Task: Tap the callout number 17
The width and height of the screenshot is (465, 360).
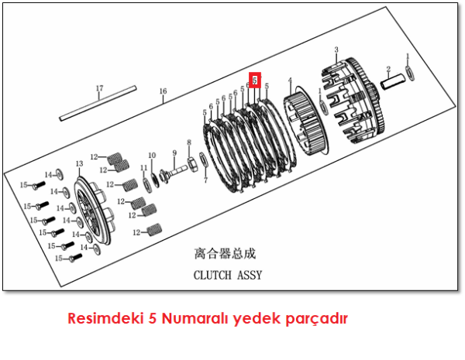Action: click(x=99, y=88)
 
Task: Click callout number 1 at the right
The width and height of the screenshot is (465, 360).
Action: click(x=408, y=57)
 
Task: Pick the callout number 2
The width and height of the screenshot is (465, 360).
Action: click(x=388, y=69)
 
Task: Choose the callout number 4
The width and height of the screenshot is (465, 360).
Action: click(x=290, y=80)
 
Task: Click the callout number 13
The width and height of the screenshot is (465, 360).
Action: click(x=79, y=164)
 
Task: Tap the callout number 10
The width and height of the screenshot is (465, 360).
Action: click(x=152, y=155)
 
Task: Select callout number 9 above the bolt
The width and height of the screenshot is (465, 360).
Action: click(x=175, y=153)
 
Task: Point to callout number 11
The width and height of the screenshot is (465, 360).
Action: click(x=143, y=168)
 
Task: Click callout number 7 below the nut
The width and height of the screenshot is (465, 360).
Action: click(x=205, y=180)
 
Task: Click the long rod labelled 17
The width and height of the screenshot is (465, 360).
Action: click(x=99, y=108)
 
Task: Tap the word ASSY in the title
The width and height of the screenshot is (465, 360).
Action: click(x=250, y=275)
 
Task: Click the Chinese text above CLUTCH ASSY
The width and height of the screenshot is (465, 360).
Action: click(x=225, y=253)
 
